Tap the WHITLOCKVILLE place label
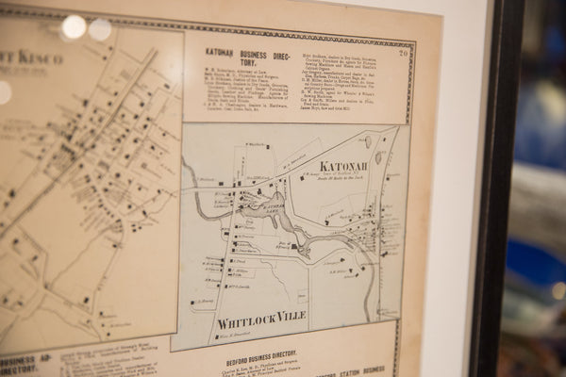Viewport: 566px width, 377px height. click(261, 317)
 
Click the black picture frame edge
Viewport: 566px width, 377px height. click(487, 188)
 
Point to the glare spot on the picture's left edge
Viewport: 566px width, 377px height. click(5, 92)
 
